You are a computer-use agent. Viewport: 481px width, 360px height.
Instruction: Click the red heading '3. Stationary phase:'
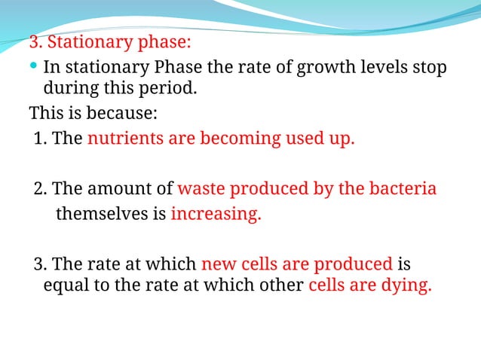click(110, 41)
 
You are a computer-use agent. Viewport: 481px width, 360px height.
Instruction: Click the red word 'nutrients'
click(124, 139)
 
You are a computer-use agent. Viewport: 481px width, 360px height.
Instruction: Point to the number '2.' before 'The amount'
click(41, 188)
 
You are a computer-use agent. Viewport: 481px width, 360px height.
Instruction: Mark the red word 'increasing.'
click(216, 214)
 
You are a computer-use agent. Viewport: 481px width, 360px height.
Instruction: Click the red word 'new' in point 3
click(219, 264)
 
